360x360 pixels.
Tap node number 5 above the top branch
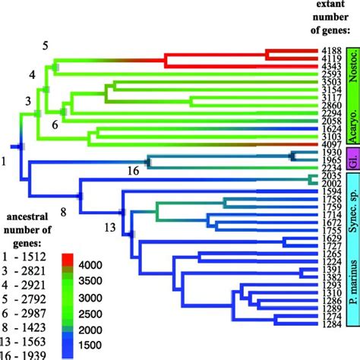pos(45,46)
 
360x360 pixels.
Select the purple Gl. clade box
pos(352,161)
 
